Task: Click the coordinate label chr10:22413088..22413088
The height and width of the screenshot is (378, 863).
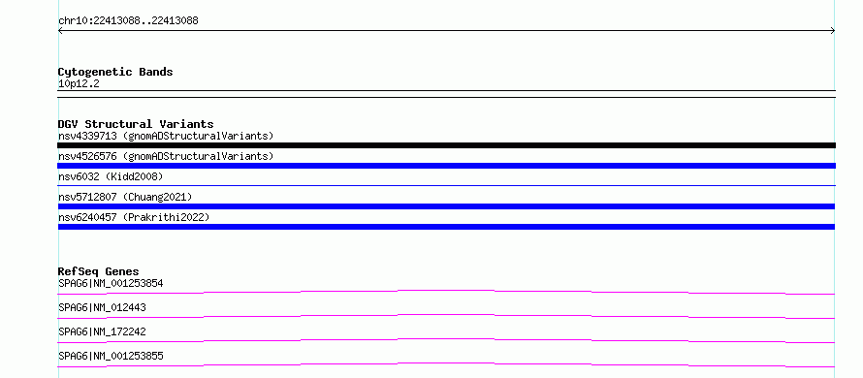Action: coord(128,21)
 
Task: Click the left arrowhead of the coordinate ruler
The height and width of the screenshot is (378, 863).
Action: coord(60,31)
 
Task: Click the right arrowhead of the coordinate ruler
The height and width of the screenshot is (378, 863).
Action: coord(833,31)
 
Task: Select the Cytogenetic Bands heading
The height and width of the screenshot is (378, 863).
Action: coord(115,72)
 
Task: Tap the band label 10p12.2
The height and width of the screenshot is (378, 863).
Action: coord(79,84)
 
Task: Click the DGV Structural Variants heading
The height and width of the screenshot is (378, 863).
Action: coord(136,124)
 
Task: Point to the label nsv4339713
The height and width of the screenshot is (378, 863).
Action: coord(87,136)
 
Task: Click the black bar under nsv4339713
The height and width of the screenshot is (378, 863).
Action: coord(446,145)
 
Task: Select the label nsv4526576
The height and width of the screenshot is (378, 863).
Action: coord(87,156)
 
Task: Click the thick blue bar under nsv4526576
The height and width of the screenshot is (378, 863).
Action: coord(446,166)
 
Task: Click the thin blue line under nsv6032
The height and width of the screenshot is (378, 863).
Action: coord(446,185)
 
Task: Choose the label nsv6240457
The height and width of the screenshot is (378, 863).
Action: coord(87,217)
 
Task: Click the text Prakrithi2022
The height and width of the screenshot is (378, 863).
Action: coord(166,217)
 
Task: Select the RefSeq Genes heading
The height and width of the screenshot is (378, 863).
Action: coord(99,271)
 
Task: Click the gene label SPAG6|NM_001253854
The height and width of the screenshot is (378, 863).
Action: coord(111,284)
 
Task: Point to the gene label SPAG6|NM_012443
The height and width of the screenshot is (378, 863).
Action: coord(103,308)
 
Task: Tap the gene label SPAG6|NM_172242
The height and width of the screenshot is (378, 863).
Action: coord(103,332)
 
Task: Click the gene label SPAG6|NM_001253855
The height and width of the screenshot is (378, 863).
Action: coord(111,357)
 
